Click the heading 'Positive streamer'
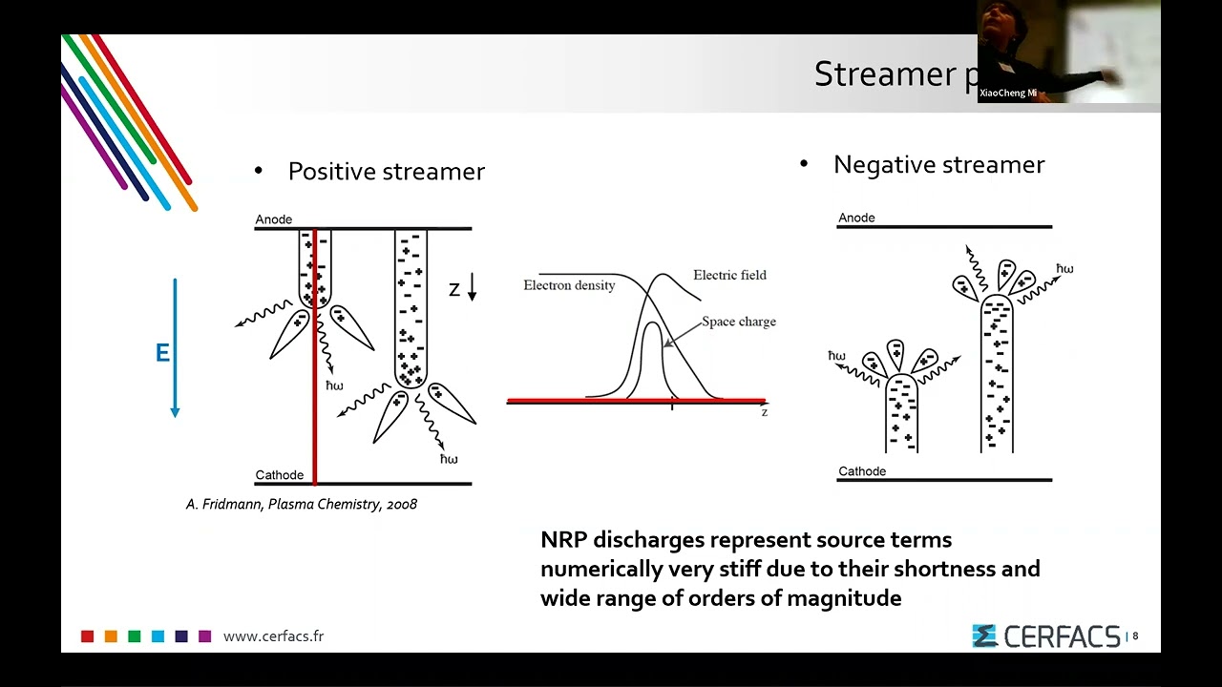coord(386,172)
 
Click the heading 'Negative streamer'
coord(938,165)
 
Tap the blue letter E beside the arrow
coord(162,354)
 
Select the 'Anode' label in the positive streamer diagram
coord(273,219)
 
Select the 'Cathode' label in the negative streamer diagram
coord(861,471)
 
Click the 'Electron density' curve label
coord(569,285)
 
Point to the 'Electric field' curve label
coord(729,275)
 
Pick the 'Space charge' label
coord(739,322)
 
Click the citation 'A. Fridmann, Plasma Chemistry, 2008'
coord(302,504)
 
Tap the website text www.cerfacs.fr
coord(273,636)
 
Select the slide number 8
coord(1135,636)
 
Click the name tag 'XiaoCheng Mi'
coord(1007,94)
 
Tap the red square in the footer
coord(88,636)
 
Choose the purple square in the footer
coord(204,636)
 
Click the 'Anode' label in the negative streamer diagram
coord(856,218)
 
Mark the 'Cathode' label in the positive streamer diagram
coord(279,475)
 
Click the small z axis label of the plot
coord(764,412)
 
